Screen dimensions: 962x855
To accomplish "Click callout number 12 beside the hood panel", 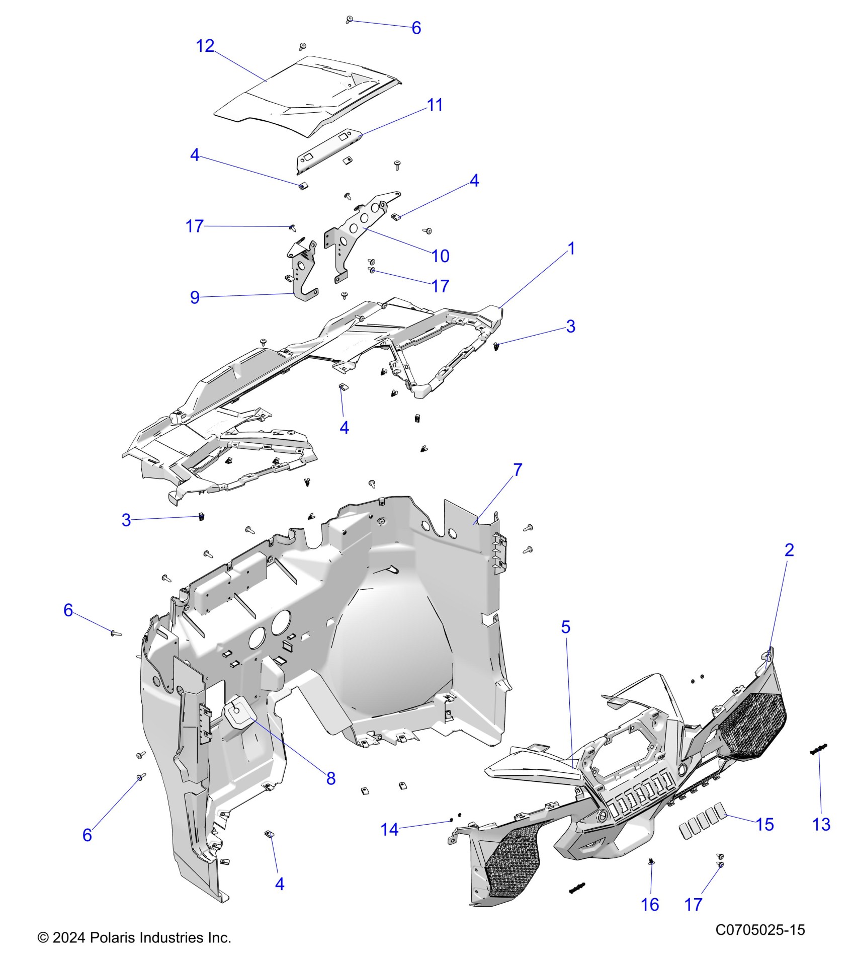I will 205,46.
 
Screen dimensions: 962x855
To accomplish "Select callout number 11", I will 435,105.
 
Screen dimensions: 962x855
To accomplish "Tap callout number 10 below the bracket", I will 440,256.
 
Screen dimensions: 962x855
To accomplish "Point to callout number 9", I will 195,297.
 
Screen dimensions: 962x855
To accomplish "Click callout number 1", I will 571,249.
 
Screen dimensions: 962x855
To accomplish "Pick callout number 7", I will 518,470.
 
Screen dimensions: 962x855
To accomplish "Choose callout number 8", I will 330,778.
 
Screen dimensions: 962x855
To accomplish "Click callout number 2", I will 789,550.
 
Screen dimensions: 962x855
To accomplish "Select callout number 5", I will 566,627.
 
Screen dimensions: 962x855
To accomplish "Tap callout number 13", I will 821,824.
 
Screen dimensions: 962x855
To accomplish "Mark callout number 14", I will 389,829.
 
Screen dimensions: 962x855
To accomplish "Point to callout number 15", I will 764,824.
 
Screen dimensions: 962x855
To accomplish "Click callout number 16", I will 650,905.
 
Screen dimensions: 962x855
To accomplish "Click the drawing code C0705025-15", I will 760,930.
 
